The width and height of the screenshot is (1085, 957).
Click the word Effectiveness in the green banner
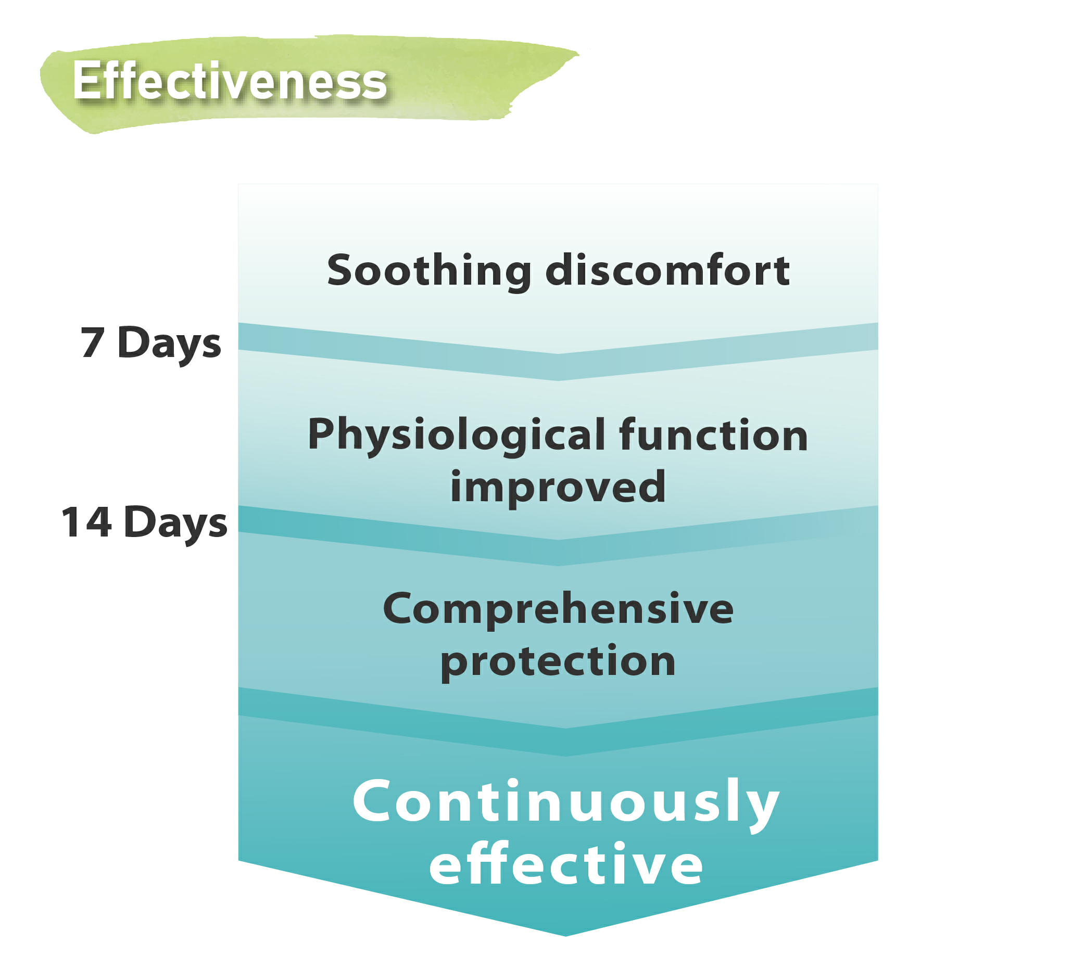(x=230, y=80)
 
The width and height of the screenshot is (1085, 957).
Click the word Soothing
(x=429, y=271)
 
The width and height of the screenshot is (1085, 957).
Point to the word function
(x=713, y=435)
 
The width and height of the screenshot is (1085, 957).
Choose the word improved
(x=558, y=488)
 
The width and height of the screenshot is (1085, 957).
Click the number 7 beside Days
(x=92, y=342)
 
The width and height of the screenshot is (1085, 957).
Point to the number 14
(x=86, y=522)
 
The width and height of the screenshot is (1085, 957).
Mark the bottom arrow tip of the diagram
(x=565, y=936)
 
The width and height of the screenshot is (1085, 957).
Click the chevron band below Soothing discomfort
(x=558, y=366)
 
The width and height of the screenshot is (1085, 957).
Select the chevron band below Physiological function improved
(x=558, y=552)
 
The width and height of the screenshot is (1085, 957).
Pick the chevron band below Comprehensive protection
(x=565, y=742)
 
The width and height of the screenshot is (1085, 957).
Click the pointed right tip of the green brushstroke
(x=578, y=53)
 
